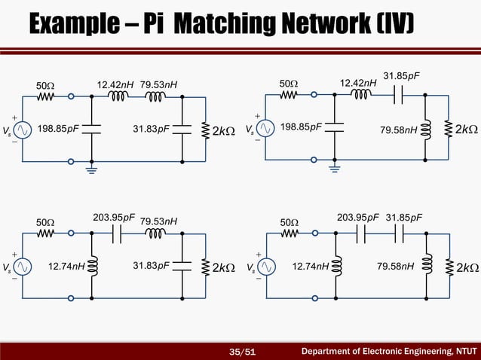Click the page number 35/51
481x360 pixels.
242,350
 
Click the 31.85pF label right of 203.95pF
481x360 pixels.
403,218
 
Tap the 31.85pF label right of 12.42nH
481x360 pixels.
402,75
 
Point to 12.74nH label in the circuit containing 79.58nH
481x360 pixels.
310,265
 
